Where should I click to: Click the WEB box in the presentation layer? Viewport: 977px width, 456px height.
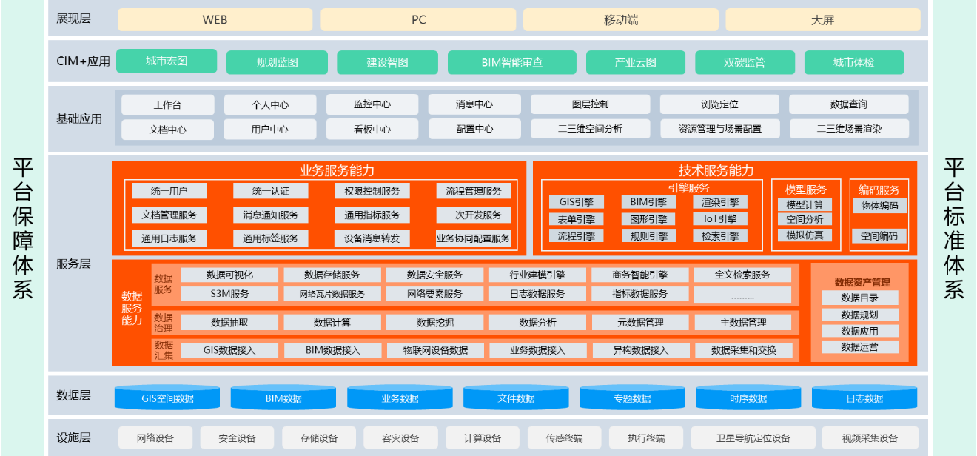pos(215,20)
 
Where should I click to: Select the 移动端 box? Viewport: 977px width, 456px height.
pos(621,20)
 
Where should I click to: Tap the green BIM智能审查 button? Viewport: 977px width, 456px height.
pos(512,62)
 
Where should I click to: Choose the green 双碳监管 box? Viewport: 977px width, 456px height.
pos(745,62)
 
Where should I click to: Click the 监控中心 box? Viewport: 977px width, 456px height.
pos(372,104)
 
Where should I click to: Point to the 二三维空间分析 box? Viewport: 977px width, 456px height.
pos(590,129)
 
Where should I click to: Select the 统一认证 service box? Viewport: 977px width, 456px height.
pos(270,191)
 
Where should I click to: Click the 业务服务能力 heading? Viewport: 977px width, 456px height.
pos(337,170)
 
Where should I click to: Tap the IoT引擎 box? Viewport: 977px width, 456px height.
pos(720,218)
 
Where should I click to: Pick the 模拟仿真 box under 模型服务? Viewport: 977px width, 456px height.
pos(805,235)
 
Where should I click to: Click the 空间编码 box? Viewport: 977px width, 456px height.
pos(879,236)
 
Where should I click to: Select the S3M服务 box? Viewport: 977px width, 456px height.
pos(229,294)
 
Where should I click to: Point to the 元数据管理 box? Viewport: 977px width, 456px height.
pos(640,323)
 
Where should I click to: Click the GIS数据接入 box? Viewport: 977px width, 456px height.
pos(229,350)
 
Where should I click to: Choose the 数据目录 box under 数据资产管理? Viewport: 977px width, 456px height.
pos(859,298)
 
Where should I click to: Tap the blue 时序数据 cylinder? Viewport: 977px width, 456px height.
pos(748,398)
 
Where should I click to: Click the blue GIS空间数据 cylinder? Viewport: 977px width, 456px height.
pos(167,398)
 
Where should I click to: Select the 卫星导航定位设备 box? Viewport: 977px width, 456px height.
pos(753,437)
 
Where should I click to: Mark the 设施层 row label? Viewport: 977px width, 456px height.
pos(73,437)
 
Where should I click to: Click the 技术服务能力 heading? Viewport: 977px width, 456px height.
pos(716,170)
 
